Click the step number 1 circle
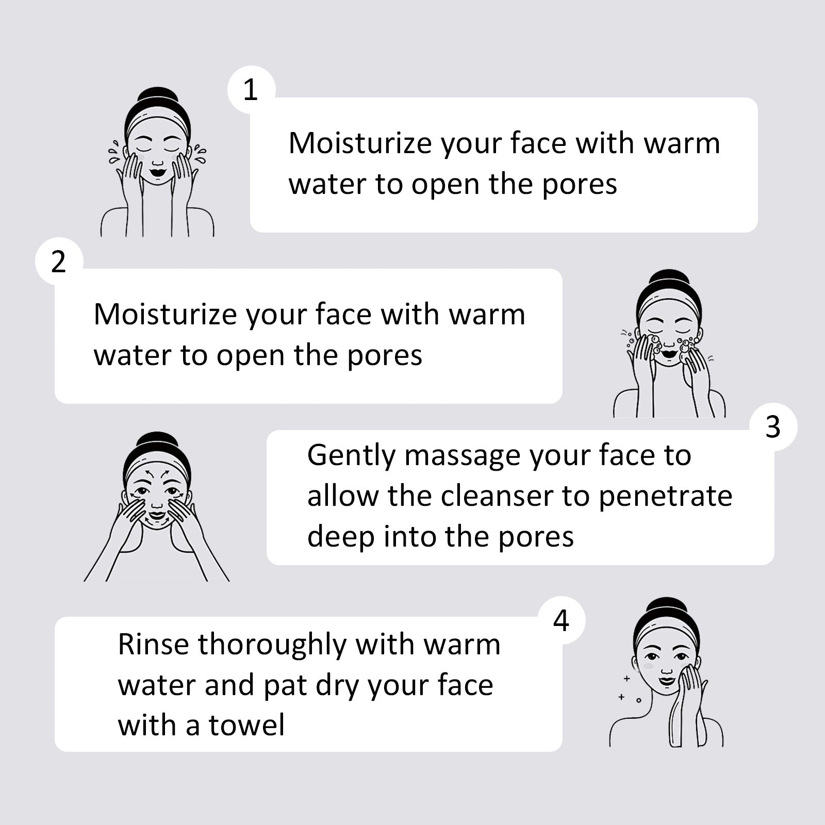pos(251,90)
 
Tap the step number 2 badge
pos(59,261)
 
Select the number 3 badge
pos(773,427)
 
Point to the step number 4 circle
pos(562,620)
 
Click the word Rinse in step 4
pos(153,644)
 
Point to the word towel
pos(246,724)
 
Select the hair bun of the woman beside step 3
pos(157,441)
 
